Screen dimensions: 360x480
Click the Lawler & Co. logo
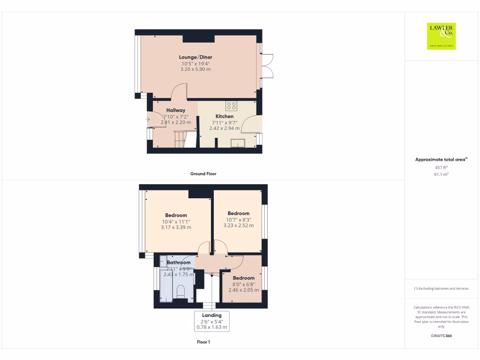[x=441, y=36]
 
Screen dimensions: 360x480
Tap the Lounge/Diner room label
[x=195, y=57]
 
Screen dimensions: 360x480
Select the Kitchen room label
[x=224, y=116]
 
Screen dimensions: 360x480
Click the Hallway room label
[x=175, y=111]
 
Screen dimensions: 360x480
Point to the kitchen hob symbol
[x=231, y=105]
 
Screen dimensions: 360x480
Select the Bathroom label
[x=179, y=262]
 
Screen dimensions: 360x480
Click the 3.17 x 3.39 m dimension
[x=176, y=227]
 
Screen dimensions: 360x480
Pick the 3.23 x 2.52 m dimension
[x=239, y=225]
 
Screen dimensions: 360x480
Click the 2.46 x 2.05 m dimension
[x=243, y=290]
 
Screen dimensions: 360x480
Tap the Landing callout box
[x=212, y=322]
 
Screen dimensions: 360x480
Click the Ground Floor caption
[x=203, y=174]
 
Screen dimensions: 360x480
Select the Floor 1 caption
[x=203, y=342]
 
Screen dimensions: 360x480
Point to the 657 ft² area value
[x=441, y=167]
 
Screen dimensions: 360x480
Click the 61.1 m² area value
[x=441, y=174]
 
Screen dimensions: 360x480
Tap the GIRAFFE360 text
[x=441, y=336]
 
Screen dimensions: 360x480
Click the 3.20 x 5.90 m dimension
[x=195, y=69]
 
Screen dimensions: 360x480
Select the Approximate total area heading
[x=441, y=160]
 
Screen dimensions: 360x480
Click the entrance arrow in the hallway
[x=148, y=120]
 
